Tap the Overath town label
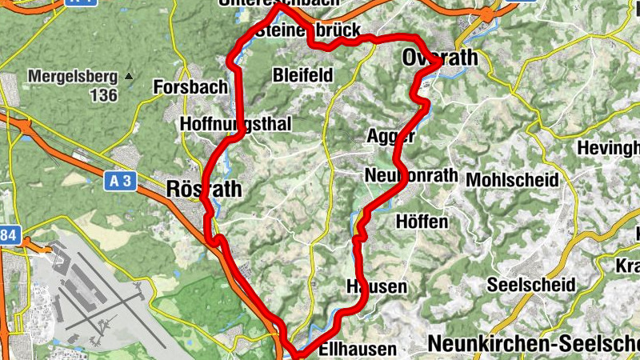(440, 58)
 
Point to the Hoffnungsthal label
(236, 124)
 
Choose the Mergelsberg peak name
(74, 78)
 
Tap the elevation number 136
(104, 96)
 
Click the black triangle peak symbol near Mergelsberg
(128, 77)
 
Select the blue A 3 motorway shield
(120, 182)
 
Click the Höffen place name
(422, 222)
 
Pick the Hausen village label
(377, 286)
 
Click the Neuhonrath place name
(411, 175)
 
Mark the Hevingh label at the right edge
(610, 148)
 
